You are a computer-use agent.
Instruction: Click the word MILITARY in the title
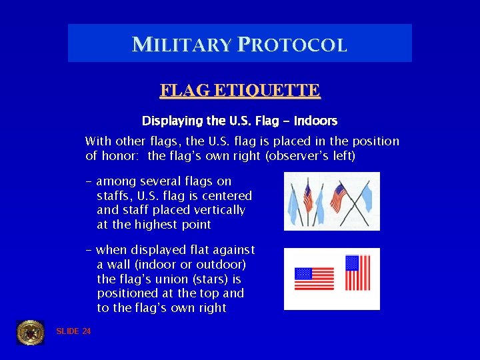coord(181,45)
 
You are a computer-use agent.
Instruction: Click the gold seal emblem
coord(30,332)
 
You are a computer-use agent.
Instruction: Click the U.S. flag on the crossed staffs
coord(340,197)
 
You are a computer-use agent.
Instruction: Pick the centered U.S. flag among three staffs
coord(307,197)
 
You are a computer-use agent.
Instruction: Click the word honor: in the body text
coord(121,156)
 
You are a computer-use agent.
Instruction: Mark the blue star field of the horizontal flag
coord(303,273)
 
